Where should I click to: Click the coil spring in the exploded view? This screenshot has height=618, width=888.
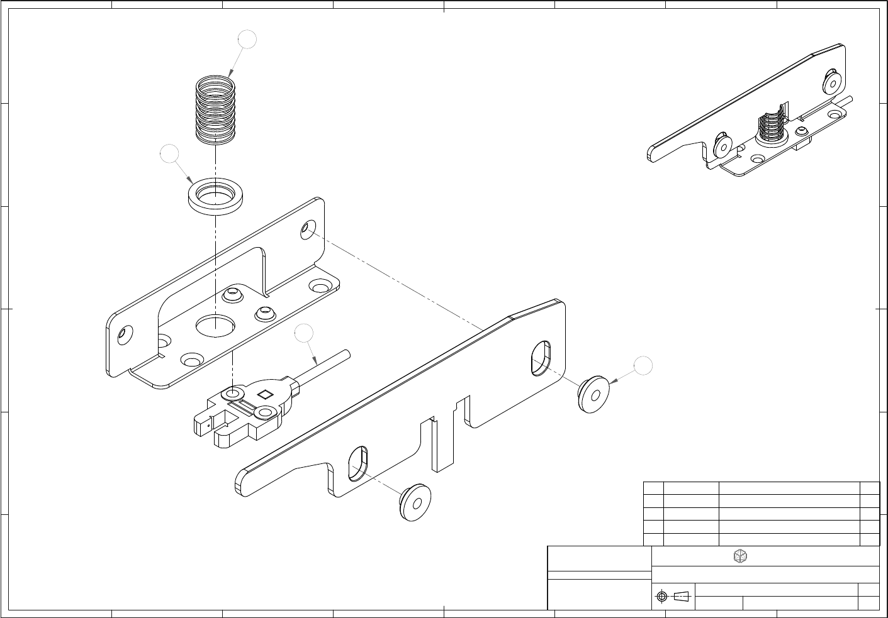(x=216, y=109)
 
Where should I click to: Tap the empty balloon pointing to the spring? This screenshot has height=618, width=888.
(x=247, y=40)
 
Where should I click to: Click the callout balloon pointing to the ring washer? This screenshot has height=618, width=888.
(x=169, y=154)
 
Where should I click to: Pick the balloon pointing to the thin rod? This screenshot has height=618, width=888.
(x=304, y=333)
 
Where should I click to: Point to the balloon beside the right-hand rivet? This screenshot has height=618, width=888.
(x=643, y=365)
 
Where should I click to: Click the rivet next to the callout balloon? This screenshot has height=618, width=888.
(x=593, y=394)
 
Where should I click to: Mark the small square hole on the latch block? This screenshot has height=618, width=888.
(x=265, y=395)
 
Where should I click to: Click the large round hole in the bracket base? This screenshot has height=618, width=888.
(x=215, y=325)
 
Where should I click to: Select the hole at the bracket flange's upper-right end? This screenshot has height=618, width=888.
(x=308, y=229)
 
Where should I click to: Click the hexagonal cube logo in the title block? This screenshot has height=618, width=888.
(x=741, y=556)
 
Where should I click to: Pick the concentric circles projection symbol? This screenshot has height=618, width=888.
(x=661, y=596)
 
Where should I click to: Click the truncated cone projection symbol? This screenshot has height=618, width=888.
(x=682, y=596)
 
